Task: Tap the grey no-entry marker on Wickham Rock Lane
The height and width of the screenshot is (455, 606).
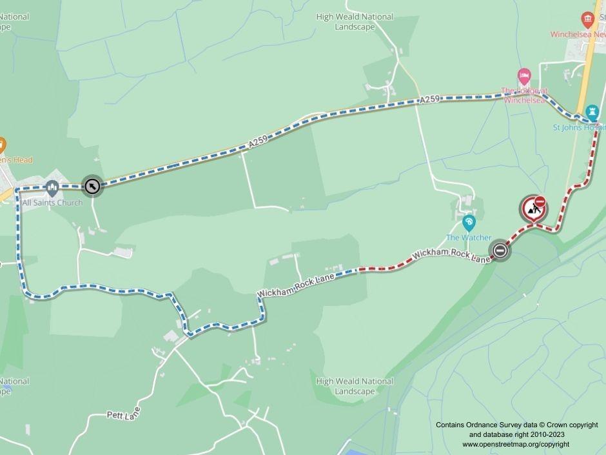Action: tap(500, 250)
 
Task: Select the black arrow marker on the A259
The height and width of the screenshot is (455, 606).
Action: tap(93, 186)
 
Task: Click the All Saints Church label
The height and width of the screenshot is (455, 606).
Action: tap(52, 203)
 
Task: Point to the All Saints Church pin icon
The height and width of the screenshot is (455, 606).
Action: tap(52, 188)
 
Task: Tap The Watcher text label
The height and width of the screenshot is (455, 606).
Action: tap(469, 238)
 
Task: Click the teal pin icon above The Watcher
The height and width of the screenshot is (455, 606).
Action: tap(469, 223)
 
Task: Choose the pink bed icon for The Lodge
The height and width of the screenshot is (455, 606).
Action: tap(524, 76)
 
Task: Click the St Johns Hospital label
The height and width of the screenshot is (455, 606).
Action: tap(579, 127)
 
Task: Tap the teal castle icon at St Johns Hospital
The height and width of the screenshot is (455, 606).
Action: tap(592, 112)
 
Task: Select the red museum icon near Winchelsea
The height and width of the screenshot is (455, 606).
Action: tap(587, 19)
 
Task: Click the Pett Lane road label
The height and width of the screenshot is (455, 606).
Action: tap(123, 413)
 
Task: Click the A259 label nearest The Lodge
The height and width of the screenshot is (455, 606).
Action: tap(429, 100)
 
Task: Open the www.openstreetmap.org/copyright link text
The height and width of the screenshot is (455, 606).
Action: tap(516, 444)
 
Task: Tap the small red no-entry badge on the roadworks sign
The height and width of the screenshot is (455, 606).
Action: tap(540, 201)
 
